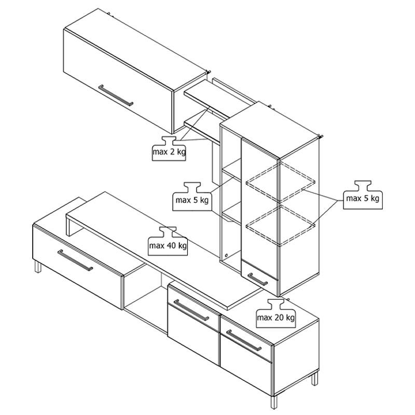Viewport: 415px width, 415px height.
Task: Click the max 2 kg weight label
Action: (x=169, y=148)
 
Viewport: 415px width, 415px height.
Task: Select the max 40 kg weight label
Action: (x=168, y=241)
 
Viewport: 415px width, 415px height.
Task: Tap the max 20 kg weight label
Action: (x=276, y=313)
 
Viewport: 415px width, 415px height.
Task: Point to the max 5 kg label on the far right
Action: (x=363, y=195)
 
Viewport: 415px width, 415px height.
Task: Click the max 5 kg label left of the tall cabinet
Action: (x=192, y=197)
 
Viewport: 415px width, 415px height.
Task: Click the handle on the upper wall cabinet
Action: (x=116, y=95)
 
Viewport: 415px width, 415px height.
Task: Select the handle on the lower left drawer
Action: (x=75, y=260)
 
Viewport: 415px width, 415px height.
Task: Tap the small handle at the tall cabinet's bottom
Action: (x=257, y=280)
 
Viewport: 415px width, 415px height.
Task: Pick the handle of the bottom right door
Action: (x=244, y=340)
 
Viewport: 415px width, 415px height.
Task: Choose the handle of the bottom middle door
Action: (x=191, y=310)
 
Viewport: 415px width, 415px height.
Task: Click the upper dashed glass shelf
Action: (x=281, y=183)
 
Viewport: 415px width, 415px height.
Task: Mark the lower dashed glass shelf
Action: (x=281, y=226)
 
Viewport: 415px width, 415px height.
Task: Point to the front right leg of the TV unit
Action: (x=274, y=402)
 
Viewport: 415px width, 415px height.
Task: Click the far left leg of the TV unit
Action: (x=38, y=267)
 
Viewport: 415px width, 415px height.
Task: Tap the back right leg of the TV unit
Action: (x=314, y=379)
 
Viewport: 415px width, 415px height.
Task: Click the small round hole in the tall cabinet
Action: (x=226, y=255)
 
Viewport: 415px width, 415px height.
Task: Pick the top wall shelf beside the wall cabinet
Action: (x=212, y=100)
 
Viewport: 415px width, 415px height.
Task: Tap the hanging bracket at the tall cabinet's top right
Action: (x=321, y=136)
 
